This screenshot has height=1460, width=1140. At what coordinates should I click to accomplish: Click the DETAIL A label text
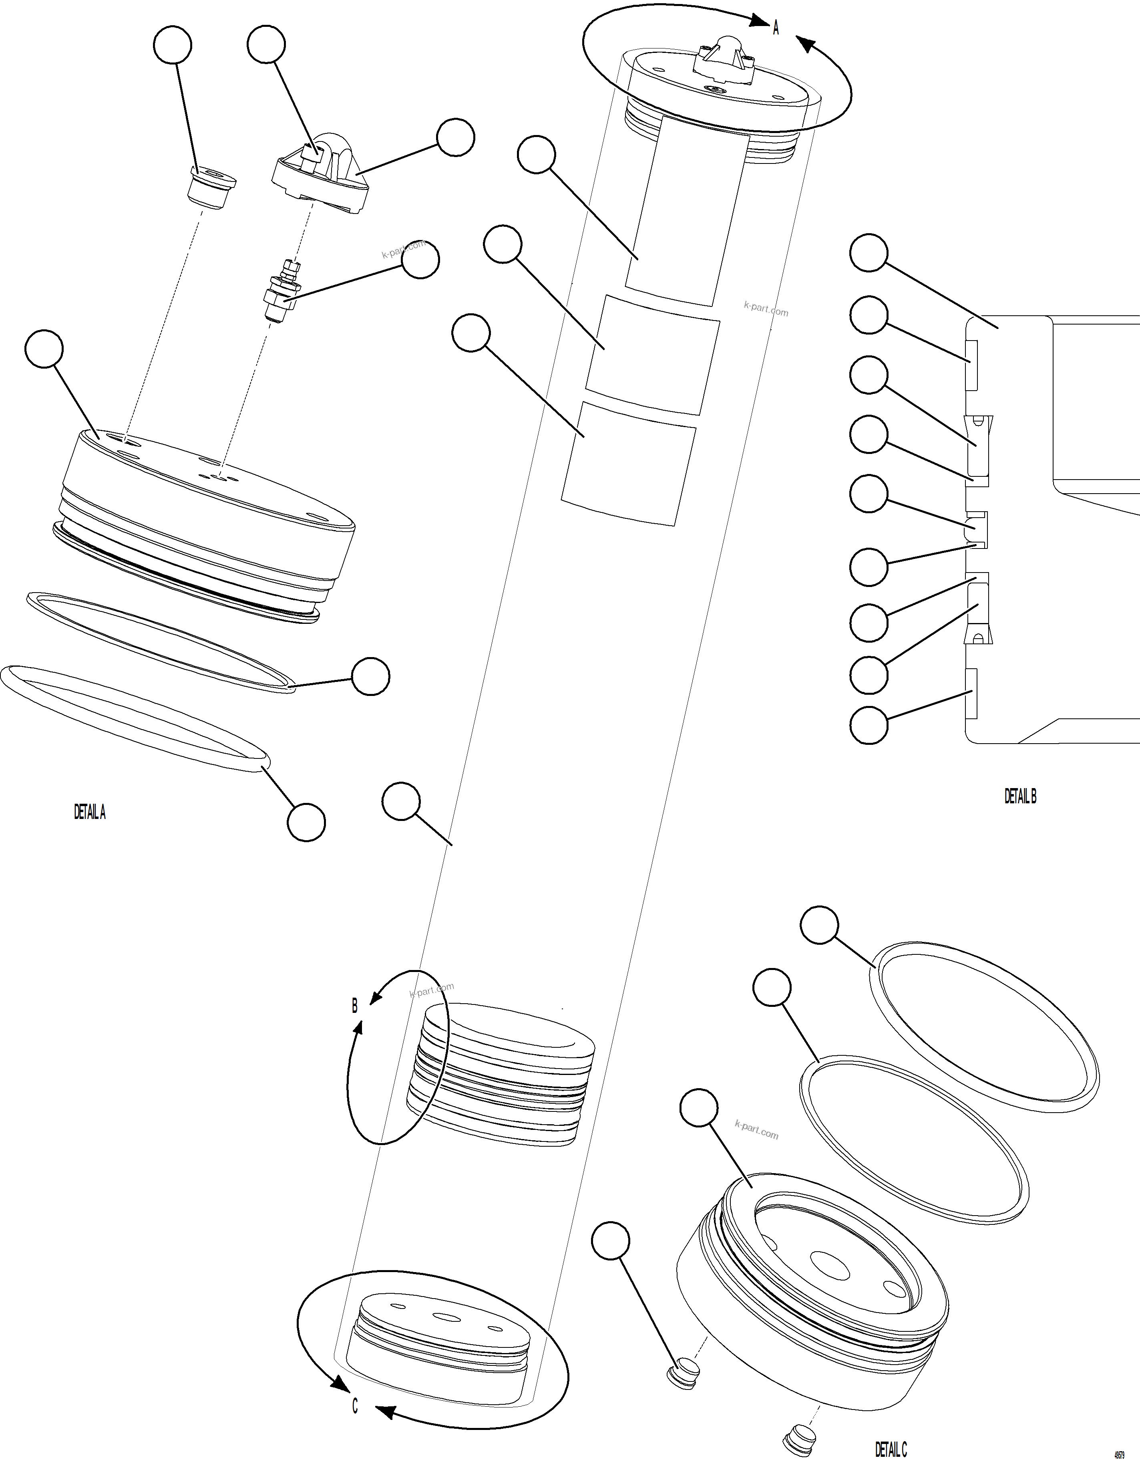point(90,812)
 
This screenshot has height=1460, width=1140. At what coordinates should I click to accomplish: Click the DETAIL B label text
point(1020,796)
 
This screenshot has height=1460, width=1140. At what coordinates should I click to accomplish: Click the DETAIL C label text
point(891,1449)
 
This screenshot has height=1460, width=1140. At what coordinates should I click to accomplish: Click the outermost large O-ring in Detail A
point(134,719)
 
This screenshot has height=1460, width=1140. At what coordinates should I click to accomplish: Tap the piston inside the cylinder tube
point(501,1076)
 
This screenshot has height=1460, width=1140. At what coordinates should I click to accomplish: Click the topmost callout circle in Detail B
point(869,253)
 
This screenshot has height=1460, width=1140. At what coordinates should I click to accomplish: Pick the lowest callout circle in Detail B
point(869,725)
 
